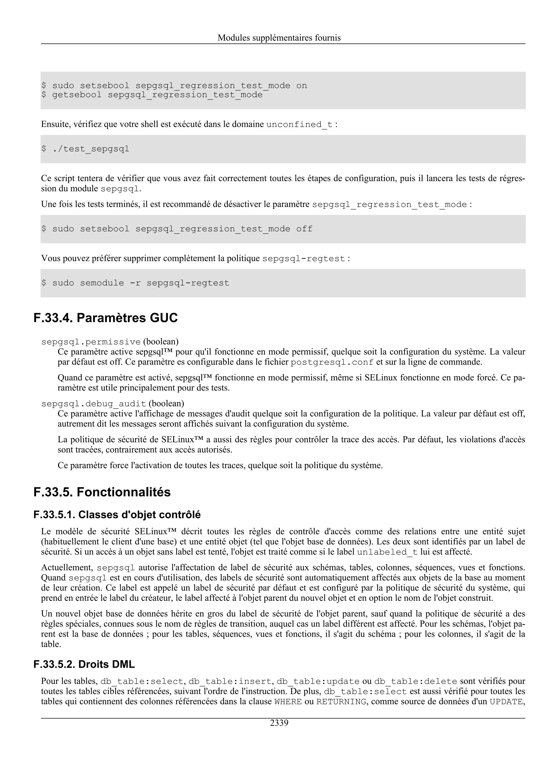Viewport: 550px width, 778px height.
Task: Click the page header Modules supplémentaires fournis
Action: click(x=279, y=38)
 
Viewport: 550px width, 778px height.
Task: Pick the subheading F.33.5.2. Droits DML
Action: click(x=84, y=664)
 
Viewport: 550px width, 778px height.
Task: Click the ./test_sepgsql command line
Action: click(x=85, y=149)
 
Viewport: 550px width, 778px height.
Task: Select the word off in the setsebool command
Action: click(x=304, y=229)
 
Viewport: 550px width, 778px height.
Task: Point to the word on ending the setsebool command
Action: click(x=301, y=85)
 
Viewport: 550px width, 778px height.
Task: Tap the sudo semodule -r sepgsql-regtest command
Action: click(x=135, y=283)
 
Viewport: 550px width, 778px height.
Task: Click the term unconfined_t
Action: click(x=299, y=125)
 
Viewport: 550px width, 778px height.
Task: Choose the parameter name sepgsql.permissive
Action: click(x=91, y=342)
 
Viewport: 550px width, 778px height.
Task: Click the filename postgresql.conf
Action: click(x=332, y=362)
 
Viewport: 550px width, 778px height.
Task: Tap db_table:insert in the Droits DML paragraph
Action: click(x=230, y=681)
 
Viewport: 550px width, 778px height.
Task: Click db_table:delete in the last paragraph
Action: click(x=416, y=681)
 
